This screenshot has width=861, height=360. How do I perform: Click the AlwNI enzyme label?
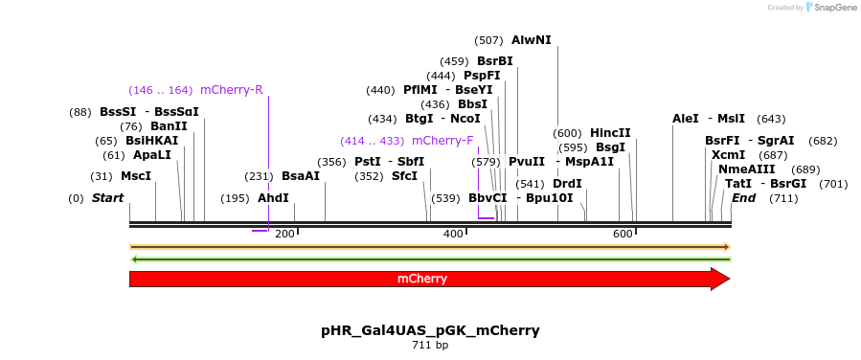tap(532, 40)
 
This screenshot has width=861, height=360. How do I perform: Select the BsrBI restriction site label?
tap(495, 61)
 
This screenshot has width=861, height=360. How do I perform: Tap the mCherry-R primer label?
tap(232, 90)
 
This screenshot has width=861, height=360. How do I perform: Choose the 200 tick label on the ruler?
tap(284, 235)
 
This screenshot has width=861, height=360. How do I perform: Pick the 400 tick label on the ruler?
tap(454, 235)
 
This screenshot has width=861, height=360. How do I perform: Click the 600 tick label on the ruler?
tap(623, 235)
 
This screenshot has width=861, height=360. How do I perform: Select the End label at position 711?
tap(744, 198)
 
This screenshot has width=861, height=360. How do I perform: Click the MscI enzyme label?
tap(136, 176)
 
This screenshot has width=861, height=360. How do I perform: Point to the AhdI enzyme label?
tap(273, 198)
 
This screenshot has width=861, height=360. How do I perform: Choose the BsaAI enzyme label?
tap(301, 176)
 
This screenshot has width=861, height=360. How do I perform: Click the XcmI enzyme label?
tap(728, 155)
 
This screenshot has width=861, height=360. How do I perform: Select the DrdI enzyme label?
tap(568, 184)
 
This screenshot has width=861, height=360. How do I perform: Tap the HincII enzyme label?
tap(610, 133)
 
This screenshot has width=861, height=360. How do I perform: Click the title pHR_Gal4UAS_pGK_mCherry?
tap(430, 330)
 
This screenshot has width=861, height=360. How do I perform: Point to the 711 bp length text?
tap(430, 345)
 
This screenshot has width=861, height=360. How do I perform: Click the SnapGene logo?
tap(830, 8)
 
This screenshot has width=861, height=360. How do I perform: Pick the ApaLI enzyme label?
tap(152, 155)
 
